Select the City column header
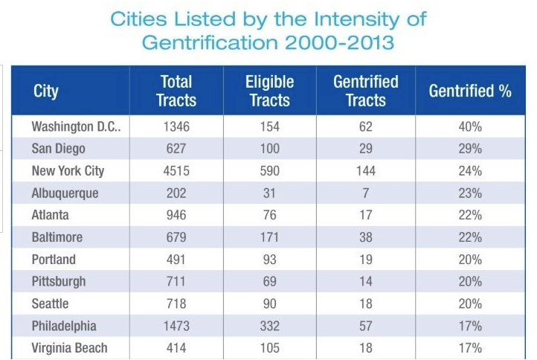[x=46, y=91]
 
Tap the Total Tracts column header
[x=176, y=91]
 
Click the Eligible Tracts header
[x=269, y=91]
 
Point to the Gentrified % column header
[x=470, y=91]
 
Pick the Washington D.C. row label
[x=77, y=126]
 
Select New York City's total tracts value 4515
[x=176, y=171]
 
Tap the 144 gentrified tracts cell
[x=365, y=171]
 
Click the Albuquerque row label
[x=65, y=193]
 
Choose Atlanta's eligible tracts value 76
[x=269, y=216]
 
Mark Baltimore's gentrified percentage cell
[x=470, y=238]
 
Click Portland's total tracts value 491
[x=176, y=260]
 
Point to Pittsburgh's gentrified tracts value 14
[x=365, y=282]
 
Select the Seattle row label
[x=51, y=304]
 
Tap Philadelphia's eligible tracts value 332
[x=269, y=326]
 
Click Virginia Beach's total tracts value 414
[x=176, y=348]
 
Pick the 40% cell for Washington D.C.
[x=470, y=126]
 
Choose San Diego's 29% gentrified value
[x=470, y=149]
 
